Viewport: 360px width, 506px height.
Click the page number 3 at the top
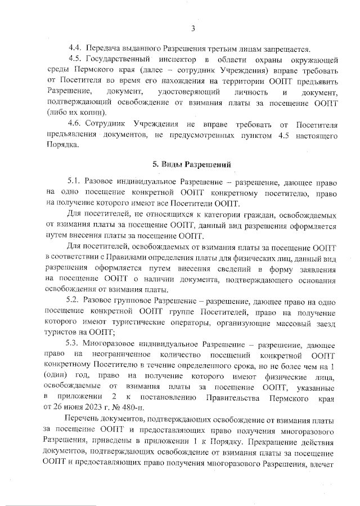pyautogui.click(x=192, y=29)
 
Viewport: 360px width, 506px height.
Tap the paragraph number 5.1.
pyautogui.click(x=75, y=181)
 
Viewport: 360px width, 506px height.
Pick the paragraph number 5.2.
pyautogui.click(x=75, y=300)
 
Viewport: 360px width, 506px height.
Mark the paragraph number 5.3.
pyautogui.click(x=75, y=343)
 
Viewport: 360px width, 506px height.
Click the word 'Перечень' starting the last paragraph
pyautogui.click(x=83, y=422)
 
